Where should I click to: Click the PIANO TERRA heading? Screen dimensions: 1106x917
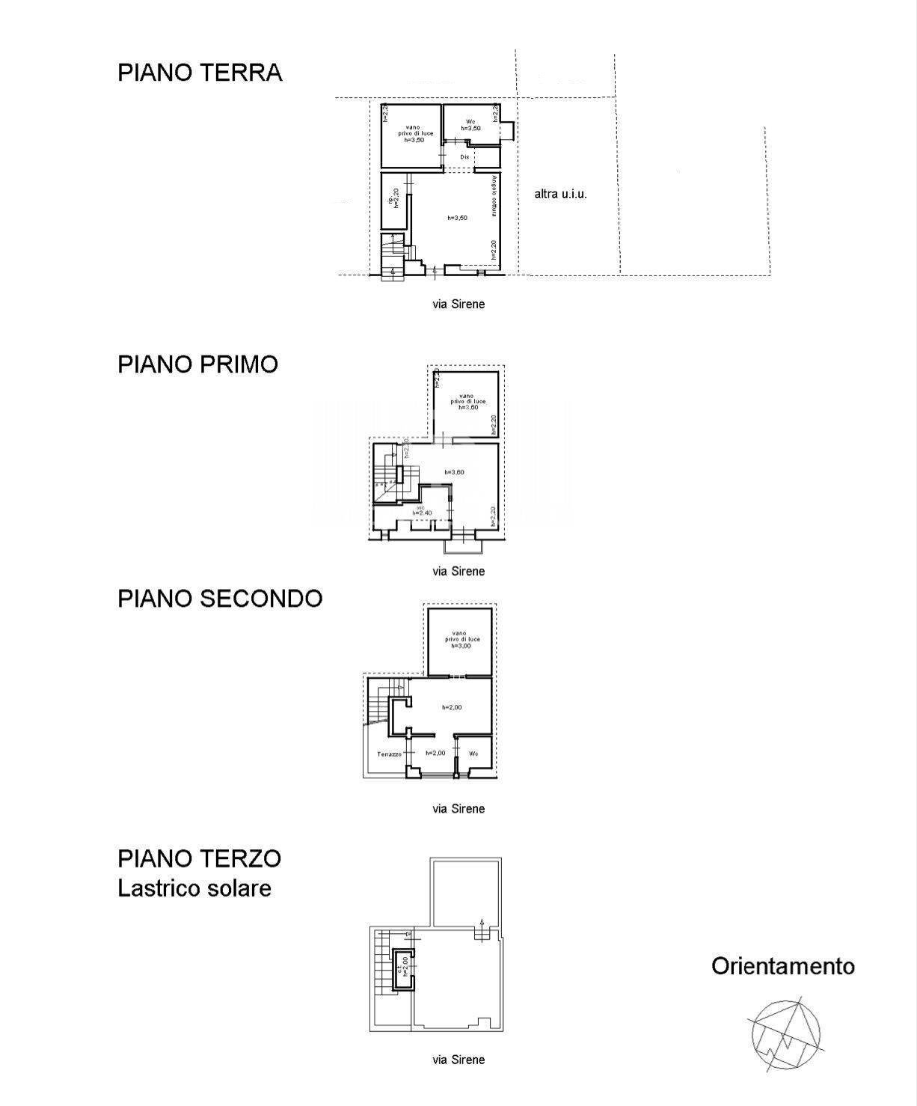[200, 73]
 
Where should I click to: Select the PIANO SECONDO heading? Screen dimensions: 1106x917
[220, 598]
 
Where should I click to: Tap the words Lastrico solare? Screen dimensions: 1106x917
[194, 888]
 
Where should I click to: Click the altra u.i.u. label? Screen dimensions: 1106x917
[560, 194]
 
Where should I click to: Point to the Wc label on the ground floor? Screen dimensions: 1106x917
[470, 121]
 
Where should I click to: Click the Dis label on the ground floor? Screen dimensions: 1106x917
[464, 157]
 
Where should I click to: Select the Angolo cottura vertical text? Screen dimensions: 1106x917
[494, 197]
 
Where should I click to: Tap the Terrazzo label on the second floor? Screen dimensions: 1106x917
[390, 754]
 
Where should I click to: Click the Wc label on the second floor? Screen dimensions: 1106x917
[473, 754]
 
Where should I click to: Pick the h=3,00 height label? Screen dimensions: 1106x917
[460, 646]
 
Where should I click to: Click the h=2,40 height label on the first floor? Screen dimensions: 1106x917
[423, 513]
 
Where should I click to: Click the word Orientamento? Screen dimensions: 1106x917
[782, 966]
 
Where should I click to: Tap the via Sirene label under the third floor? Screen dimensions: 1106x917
[458, 1060]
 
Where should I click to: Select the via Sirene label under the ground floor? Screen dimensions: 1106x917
[458, 304]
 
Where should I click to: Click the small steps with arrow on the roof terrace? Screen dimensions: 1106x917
[482, 931]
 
